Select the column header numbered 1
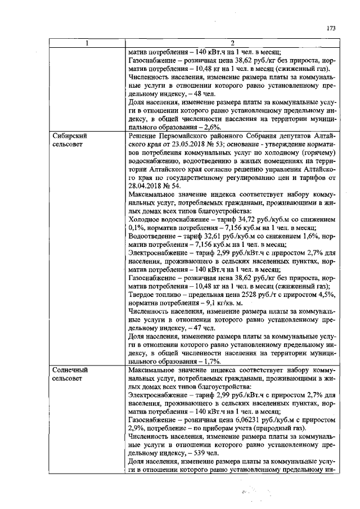(87, 42)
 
